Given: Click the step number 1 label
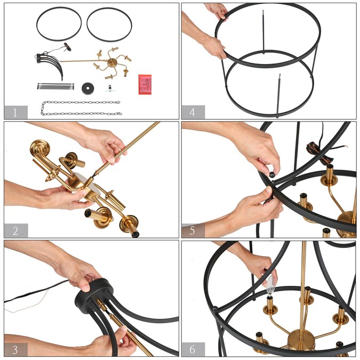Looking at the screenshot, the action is click(15, 113).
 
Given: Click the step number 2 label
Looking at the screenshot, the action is click(15, 231).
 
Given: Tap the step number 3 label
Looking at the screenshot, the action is click(15, 350).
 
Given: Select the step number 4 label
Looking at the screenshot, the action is click(193, 112).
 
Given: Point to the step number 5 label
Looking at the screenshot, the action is click(193, 230).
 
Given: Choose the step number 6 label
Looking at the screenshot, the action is click(193, 349).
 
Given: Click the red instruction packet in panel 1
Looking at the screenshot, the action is click(145, 84).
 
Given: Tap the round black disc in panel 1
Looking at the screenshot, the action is click(87, 89).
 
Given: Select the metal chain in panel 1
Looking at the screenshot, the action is click(81, 108).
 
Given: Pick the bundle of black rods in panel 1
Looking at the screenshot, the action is click(55, 86).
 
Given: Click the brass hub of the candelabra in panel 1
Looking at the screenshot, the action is click(113, 62).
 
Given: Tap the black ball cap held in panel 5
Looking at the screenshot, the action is click(272, 174).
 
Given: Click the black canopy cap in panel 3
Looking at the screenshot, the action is click(94, 295).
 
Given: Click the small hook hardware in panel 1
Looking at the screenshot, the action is click(110, 89).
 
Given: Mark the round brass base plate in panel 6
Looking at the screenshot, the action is click(301, 340).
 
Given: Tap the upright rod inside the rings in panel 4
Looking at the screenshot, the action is click(263, 32).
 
